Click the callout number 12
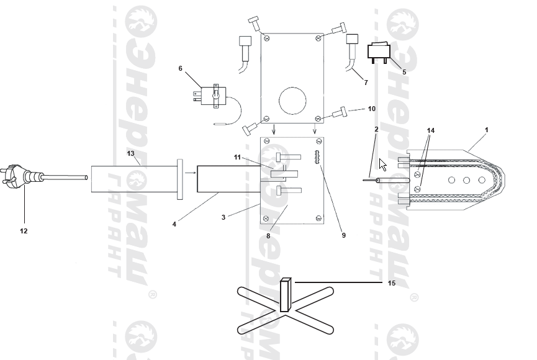[24, 231]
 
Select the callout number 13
[130, 153]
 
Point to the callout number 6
[181, 68]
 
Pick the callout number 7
[366, 82]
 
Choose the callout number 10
[371, 109]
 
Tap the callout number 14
[431, 130]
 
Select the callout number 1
[486, 130]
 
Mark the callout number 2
[376, 129]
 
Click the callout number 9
[343, 235]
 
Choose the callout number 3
[223, 217]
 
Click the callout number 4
[174, 224]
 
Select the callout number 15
[391, 283]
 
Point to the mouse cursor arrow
[383, 164]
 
